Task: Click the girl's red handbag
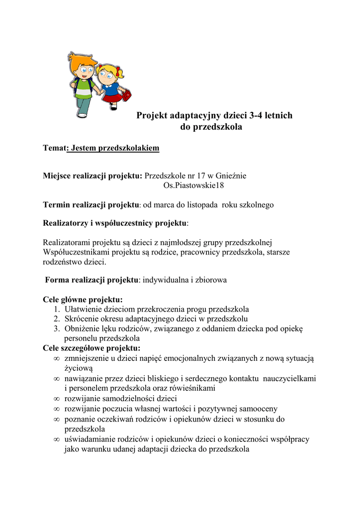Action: pos(126,94)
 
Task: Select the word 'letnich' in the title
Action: pos(276,116)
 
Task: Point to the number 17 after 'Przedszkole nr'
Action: pos(201,175)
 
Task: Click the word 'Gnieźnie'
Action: pos(231,175)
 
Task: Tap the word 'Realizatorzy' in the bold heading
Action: pos(66,223)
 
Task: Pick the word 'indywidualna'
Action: pos(165,280)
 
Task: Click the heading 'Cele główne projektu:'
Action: pos(83,300)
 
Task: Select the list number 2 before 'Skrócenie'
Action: pos(57,319)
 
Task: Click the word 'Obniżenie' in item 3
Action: pos(81,329)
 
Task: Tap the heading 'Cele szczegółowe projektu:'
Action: pos(91,348)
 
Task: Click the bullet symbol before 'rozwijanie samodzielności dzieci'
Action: pos(56,399)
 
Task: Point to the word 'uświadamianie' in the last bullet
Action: pos(88,439)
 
